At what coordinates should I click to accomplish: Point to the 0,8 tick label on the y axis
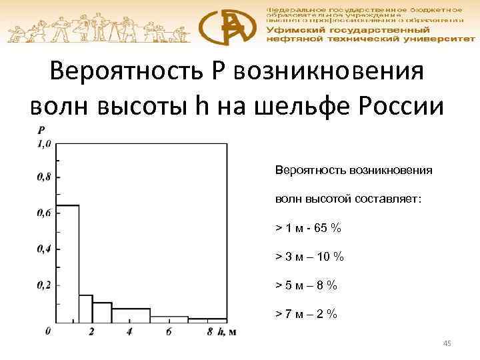pos(43,177)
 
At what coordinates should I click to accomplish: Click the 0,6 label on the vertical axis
pos(43,213)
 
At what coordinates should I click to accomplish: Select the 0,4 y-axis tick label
pos(43,249)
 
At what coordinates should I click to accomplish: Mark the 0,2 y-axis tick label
pos(43,285)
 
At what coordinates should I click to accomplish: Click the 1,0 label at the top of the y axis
pos(43,143)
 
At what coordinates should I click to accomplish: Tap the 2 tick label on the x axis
pos(92,332)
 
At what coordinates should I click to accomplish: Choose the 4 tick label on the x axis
pos(129,332)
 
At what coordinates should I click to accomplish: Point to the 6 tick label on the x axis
pos(169,332)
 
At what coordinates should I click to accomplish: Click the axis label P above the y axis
pos(42,131)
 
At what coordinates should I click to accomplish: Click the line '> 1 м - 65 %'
pos(309,228)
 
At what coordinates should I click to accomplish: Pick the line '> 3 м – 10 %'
pos(310,257)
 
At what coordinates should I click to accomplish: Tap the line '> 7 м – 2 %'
pos(307,314)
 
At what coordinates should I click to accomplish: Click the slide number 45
pos(447,343)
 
